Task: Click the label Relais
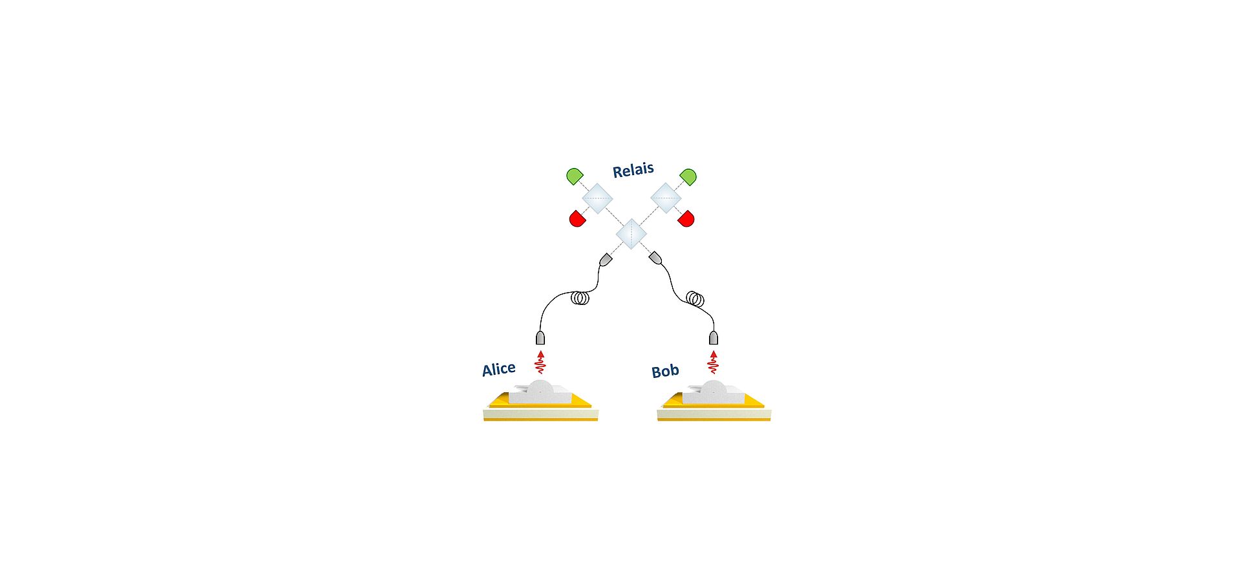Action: [x=633, y=170]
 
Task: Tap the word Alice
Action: [x=499, y=369]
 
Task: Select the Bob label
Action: [x=665, y=371]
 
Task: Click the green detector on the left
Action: [x=575, y=176]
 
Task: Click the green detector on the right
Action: [x=688, y=176]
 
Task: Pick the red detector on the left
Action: [x=577, y=218]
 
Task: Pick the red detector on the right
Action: [x=686, y=218]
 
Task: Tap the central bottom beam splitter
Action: [x=631, y=234]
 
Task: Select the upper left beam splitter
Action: [x=597, y=198]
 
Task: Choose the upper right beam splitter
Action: [x=666, y=198]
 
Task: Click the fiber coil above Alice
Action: [x=580, y=299]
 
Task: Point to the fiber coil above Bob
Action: [x=695, y=299]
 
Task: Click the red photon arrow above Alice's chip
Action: [x=540, y=362]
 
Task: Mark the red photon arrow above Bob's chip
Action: [x=713, y=362]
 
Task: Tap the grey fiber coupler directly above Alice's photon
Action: [x=540, y=338]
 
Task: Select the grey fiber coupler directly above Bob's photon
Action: [x=714, y=338]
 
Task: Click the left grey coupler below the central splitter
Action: [x=606, y=260]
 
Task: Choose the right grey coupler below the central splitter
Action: [x=655, y=258]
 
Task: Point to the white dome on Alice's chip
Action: [x=541, y=388]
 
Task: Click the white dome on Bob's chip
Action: [x=714, y=388]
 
